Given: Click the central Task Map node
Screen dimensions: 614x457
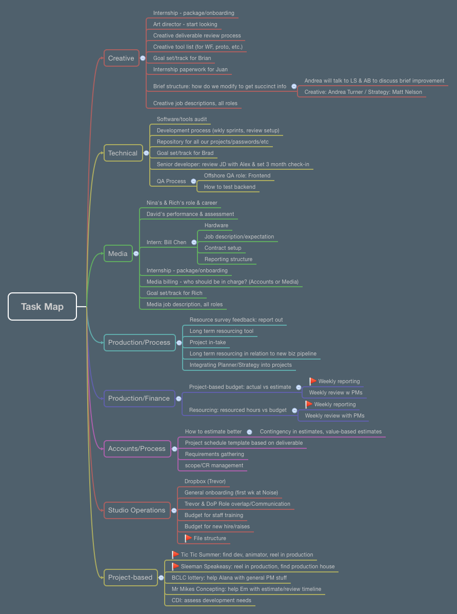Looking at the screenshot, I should pyautogui.click(x=42, y=306).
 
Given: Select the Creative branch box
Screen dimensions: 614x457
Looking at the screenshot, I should pyautogui.click(x=121, y=58).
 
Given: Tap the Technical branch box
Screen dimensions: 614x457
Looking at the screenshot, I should pyautogui.click(x=123, y=153).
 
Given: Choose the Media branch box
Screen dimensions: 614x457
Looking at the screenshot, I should pyautogui.click(x=118, y=253).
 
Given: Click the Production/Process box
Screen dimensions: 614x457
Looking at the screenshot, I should pyautogui.click(x=139, y=342).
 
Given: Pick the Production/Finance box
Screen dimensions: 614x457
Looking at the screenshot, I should pyautogui.click(x=139, y=398).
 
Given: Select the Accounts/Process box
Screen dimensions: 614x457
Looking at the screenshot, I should pyautogui.click(x=137, y=448).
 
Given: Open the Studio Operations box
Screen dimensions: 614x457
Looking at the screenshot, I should pyautogui.click(x=137, y=510).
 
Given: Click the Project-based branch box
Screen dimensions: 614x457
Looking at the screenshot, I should pyautogui.click(x=130, y=577).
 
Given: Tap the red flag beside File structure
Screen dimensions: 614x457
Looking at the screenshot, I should pyautogui.click(x=188, y=538).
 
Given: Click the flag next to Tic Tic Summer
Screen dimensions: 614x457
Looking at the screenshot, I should pyautogui.click(x=175, y=554).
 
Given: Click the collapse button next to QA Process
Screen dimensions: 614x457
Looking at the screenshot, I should pyautogui.click(x=193, y=181).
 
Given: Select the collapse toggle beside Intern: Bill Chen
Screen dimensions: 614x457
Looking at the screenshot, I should pyautogui.click(x=194, y=242).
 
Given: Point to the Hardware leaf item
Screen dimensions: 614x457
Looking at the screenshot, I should pyautogui.click(x=216, y=225).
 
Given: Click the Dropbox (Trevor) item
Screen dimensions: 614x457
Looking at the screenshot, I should pyautogui.click(x=205, y=481).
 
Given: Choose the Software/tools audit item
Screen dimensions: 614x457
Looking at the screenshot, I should pyautogui.click(x=182, y=119).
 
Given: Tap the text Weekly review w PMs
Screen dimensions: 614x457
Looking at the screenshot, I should pyautogui.click(x=335, y=392).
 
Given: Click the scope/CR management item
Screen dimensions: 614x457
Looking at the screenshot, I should pyautogui.click(x=214, y=465).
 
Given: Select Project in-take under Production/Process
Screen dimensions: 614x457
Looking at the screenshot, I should pyautogui.click(x=208, y=342).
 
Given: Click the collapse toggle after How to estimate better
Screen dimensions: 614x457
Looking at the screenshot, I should pyautogui.click(x=249, y=432).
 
